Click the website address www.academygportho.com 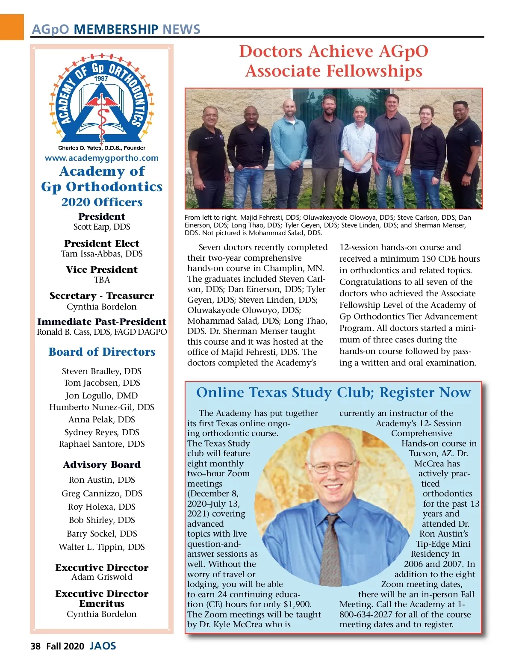pos(102,158)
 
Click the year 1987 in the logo pos(101,79)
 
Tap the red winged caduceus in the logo pos(102,103)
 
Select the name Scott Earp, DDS pos(102,227)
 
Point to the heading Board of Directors pos(102,352)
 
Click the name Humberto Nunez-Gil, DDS pos(102,407)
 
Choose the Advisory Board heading pos(102,465)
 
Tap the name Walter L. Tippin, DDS pos(102,547)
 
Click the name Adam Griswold pos(102,577)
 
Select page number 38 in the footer pos(35,646)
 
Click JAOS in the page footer pos(103,646)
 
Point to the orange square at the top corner pos(12,27)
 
